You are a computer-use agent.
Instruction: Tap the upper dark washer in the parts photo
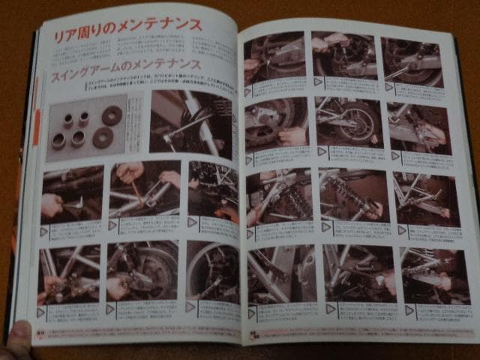click(112, 116)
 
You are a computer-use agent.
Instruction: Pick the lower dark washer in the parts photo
click(102, 140)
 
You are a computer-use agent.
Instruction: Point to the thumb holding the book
click(18, 332)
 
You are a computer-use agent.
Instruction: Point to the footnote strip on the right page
click(360, 333)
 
